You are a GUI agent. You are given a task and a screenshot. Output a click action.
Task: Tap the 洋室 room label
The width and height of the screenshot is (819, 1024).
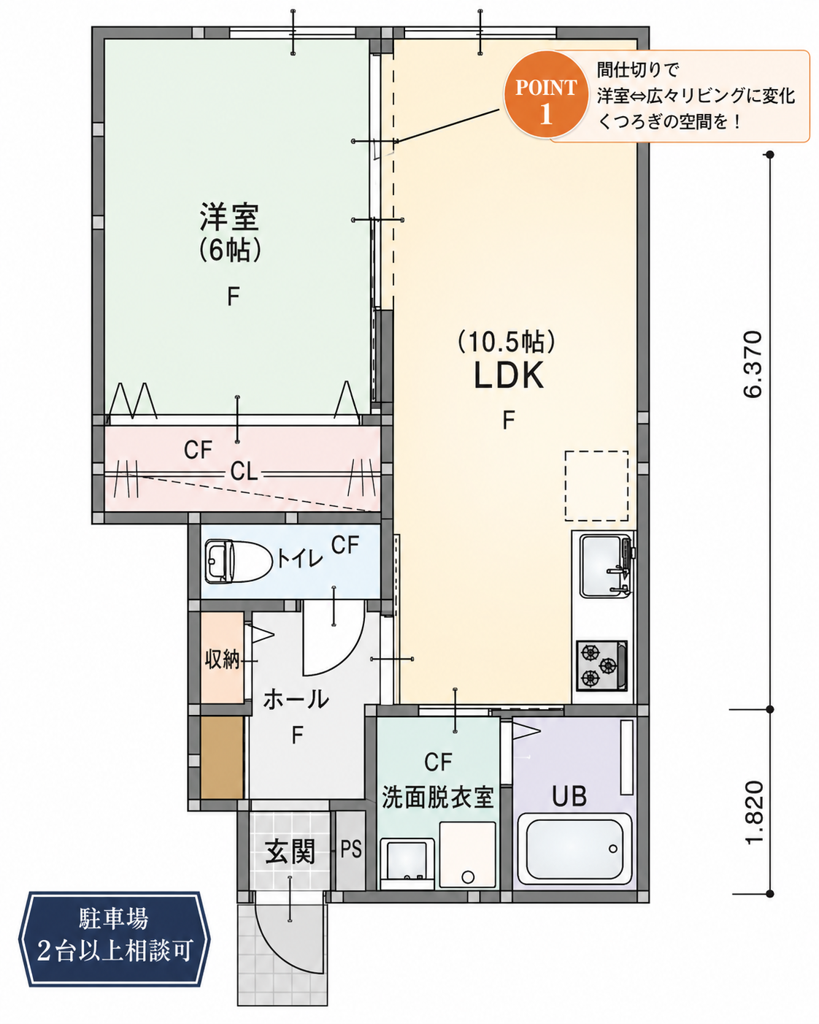coord(229,217)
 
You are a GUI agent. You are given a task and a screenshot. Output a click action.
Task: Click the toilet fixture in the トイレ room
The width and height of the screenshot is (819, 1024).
coord(239,562)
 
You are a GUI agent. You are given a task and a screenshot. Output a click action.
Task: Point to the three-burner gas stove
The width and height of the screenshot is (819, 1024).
coord(601,665)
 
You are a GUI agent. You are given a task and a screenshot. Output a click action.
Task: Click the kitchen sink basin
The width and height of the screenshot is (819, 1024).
coord(604,566)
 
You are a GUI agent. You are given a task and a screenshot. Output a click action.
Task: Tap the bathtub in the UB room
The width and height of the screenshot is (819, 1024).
coord(574,850)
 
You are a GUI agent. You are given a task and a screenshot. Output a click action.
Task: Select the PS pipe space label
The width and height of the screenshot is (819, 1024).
coord(351,849)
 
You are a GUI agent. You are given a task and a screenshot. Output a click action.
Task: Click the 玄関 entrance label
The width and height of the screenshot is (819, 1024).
coord(290,852)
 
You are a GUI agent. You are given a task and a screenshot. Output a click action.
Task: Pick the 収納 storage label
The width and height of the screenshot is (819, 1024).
coord(222,660)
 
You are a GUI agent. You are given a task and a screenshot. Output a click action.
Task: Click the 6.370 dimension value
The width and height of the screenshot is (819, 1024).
coord(753,364)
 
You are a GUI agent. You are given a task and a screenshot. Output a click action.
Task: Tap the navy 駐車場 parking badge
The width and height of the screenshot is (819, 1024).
coord(114,934)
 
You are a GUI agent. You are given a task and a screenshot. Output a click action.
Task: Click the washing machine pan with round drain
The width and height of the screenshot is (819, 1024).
coord(467,855)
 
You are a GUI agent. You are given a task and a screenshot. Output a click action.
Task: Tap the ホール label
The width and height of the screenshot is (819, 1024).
coord(296,700)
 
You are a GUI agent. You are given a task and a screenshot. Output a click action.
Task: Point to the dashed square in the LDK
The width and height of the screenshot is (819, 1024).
coord(596,486)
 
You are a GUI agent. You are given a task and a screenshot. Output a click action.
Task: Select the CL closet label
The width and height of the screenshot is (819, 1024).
coord(244,472)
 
